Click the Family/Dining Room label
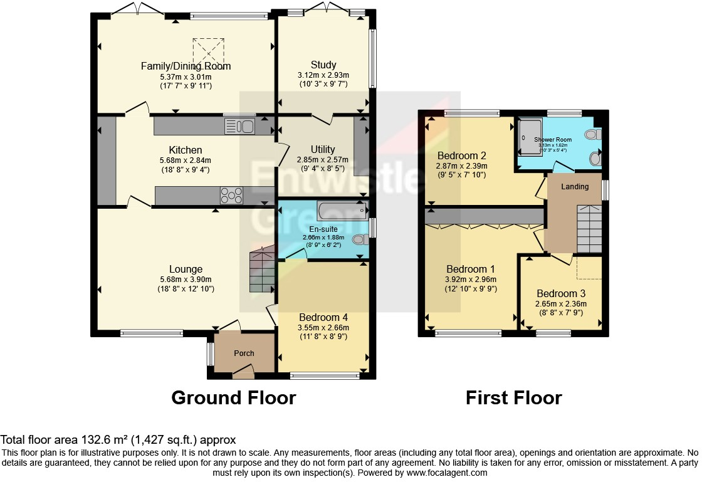186,66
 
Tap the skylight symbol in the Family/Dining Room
208,49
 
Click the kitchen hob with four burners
231,196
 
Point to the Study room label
323,65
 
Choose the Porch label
244,354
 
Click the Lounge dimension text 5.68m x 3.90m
186,280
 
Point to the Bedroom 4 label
323,317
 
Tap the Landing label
575,186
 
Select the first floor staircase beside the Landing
588,229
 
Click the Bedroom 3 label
561,293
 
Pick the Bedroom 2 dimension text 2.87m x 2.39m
461,166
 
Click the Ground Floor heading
233,397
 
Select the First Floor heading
513,397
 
